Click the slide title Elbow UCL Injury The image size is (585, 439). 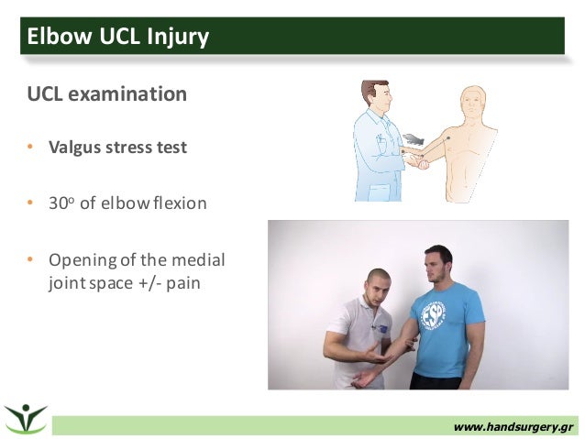118,37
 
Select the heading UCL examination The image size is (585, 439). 105,94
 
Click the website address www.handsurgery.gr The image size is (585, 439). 513,426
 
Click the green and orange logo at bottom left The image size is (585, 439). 26,418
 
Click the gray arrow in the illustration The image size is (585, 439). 414,139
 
